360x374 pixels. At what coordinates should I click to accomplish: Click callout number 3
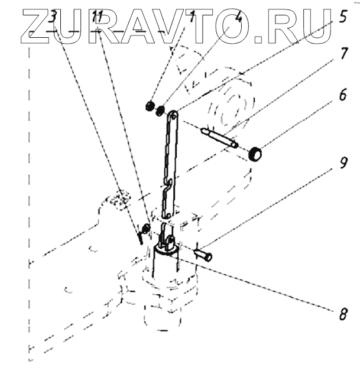coord(52,17)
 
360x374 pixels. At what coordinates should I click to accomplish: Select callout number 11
coord(99,18)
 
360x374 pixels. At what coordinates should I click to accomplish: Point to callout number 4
coord(238,16)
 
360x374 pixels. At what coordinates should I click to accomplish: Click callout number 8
coord(342,314)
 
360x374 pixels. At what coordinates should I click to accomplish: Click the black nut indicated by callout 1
coord(150,106)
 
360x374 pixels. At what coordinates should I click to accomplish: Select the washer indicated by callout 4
coord(160,109)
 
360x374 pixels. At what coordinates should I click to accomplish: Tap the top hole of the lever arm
coord(173,114)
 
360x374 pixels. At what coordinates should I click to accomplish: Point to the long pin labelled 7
coord(219,136)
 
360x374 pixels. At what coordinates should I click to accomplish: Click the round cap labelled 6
coord(255,155)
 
